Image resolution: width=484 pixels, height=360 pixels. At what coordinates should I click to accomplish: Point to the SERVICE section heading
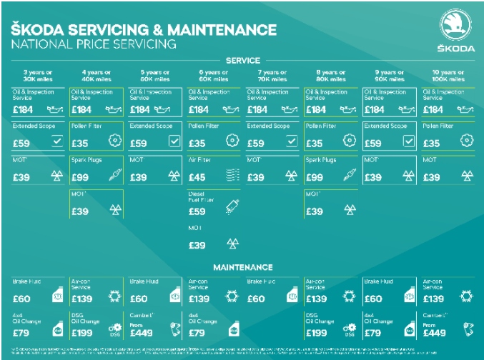242,61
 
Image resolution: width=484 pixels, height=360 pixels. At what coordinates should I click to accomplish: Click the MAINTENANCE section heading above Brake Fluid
242,268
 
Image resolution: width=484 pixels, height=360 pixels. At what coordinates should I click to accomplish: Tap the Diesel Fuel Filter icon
231,207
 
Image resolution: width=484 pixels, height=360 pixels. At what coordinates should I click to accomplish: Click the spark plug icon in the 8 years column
349,176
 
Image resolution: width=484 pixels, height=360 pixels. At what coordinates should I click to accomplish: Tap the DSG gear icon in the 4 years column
114,329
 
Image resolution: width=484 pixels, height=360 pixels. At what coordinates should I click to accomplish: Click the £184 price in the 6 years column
198,110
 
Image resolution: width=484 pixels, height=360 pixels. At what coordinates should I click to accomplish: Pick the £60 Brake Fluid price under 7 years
257,298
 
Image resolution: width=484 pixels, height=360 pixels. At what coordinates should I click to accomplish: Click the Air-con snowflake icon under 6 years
231,296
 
